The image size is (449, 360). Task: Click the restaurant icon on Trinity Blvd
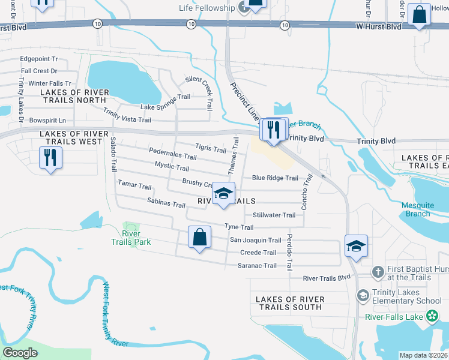click(x=273, y=130)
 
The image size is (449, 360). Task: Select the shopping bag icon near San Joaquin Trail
click(x=200, y=238)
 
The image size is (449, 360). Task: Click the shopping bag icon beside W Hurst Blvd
click(x=420, y=15)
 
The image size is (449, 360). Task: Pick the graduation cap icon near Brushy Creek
click(x=223, y=194)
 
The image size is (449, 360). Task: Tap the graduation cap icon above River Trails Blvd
click(x=356, y=246)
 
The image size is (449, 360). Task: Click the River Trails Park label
click(x=131, y=238)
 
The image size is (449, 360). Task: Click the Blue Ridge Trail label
click(x=275, y=178)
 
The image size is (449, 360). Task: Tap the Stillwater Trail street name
click(x=274, y=215)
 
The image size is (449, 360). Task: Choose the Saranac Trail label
click(x=257, y=265)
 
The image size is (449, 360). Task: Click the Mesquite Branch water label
click(x=417, y=209)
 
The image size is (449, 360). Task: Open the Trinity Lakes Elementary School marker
click(x=363, y=295)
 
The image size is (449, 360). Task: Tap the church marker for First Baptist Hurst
click(x=378, y=272)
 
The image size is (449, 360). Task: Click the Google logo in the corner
click(x=20, y=353)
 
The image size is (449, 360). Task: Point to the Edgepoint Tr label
click(x=38, y=59)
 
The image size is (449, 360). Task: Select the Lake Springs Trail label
click(x=165, y=102)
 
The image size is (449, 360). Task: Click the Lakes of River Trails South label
click(x=290, y=303)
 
